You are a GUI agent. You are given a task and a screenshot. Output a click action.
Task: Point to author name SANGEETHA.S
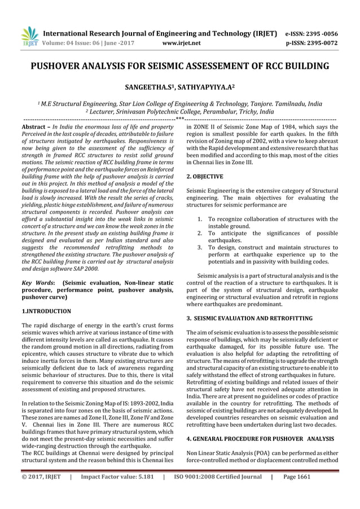tap(148, 88)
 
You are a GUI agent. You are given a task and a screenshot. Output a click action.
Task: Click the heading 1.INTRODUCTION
tap(46, 311)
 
